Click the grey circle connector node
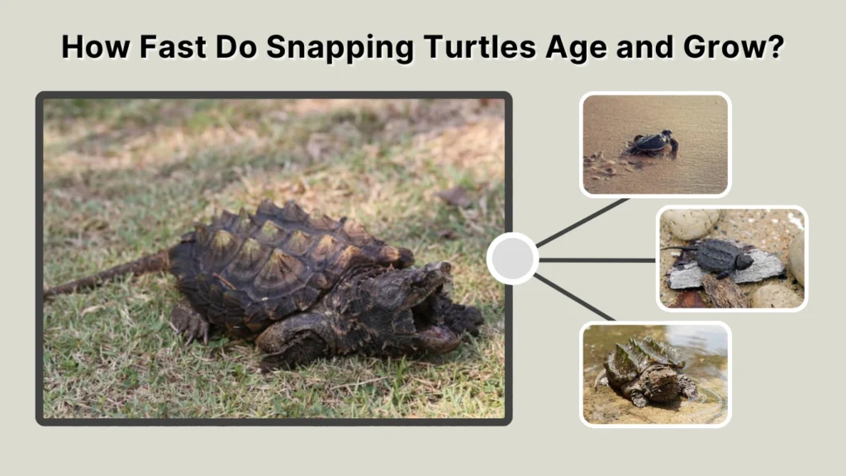point(512,259)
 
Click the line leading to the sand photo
point(582,221)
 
